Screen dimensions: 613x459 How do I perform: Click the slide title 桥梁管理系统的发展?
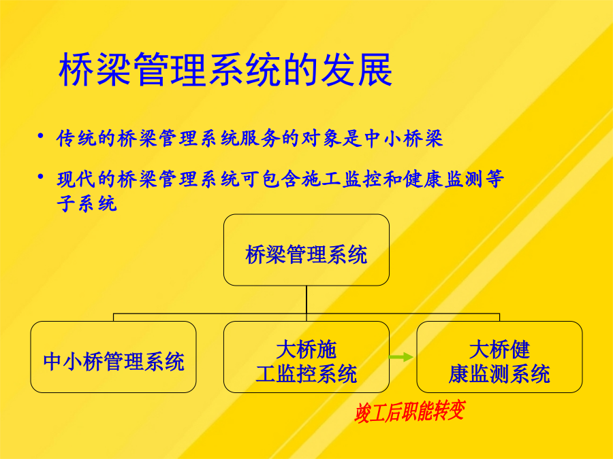[x=225, y=69]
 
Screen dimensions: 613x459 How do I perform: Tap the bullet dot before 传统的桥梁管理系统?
[x=40, y=135]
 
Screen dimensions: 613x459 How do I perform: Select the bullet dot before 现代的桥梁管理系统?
[x=40, y=176]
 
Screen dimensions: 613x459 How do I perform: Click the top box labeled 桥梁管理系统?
[x=306, y=250]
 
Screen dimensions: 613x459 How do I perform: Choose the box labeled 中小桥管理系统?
[x=113, y=357]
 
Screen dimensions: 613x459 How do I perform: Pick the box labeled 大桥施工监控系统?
[x=306, y=357]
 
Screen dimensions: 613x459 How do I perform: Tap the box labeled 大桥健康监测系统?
[x=499, y=357]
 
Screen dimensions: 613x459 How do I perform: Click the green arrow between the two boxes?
[x=400, y=357]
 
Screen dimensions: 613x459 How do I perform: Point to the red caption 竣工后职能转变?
[x=409, y=411]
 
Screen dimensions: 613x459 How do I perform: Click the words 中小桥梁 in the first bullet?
[x=403, y=139]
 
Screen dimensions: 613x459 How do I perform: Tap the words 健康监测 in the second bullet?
[x=443, y=179]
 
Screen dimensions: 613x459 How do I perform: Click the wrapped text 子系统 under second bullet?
[x=87, y=203]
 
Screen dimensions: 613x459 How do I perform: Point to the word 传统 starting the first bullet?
[x=76, y=139]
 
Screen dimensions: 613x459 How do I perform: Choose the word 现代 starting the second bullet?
[x=76, y=179]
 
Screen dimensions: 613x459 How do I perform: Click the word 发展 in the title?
[x=356, y=69]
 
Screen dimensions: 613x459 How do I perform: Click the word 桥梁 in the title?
[x=94, y=69]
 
